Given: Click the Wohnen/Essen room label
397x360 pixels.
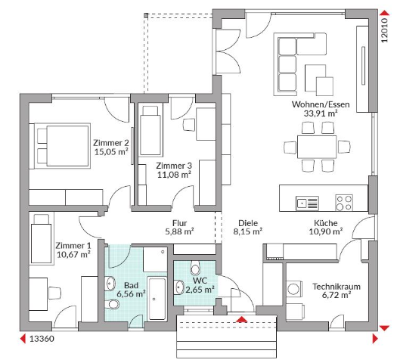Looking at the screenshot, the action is [x=321, y=104].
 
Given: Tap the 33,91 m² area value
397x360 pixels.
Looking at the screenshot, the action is [x=321, y=113].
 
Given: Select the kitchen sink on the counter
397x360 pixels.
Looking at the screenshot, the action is [x=307, y=203].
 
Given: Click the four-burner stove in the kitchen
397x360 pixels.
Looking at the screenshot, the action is [x=344, y=203].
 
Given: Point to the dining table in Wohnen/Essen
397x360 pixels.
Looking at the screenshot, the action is [x=317, y=147].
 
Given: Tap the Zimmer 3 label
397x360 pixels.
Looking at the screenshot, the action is [x=174, y=166].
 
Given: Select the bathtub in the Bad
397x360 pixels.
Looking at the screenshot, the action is [x=157, y=299].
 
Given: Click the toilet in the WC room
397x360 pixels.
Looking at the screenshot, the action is [x=195, y=268].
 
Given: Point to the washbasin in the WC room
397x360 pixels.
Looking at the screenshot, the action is [x=179, y=287].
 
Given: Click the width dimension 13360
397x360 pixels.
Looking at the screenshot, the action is [x=42, y=339].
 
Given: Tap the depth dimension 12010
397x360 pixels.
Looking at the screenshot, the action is [x=384, y=29].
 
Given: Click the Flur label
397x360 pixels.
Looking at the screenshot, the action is [x=179, y=223].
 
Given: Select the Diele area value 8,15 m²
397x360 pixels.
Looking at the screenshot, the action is [x=247, y=231].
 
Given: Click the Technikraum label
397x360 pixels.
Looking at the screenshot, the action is [x=337, y=287].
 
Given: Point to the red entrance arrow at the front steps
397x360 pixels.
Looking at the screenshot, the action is [x=241, y=319].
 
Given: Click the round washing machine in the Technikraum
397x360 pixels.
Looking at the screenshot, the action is [x=293, y=288].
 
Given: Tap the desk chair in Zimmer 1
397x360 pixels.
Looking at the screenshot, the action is [x=54, y=293].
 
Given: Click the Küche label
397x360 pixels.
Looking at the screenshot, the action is [x=326, y=223].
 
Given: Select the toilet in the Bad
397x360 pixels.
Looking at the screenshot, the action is [x=112, y=304].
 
